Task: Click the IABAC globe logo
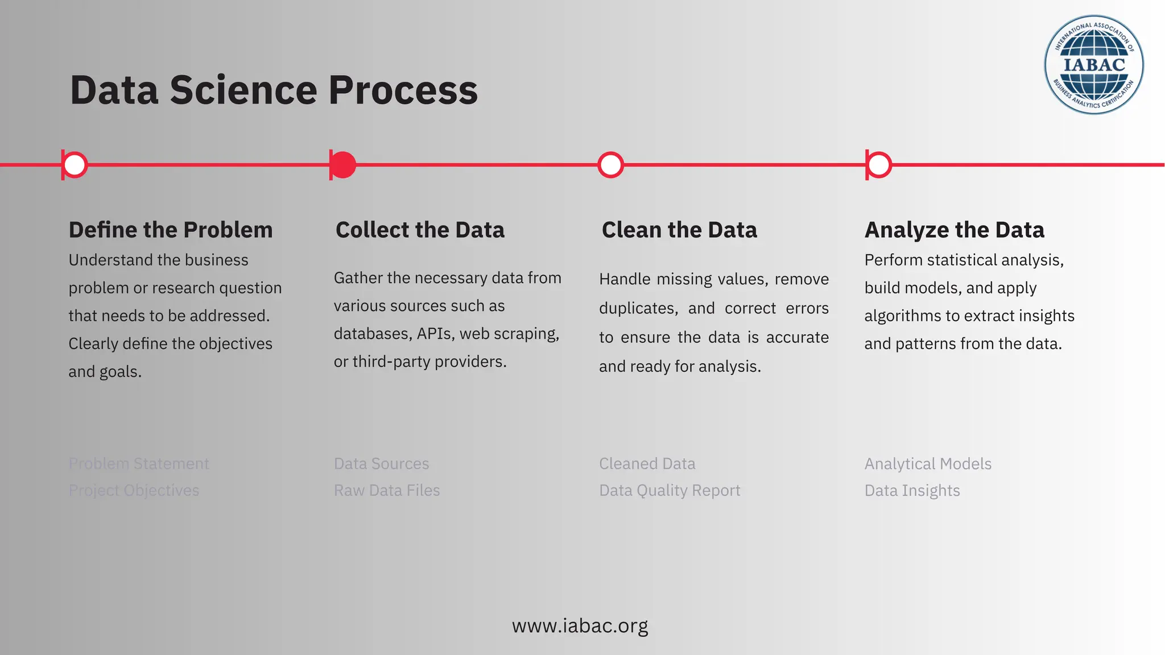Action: [1093, 65]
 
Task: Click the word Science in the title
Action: [243, 90]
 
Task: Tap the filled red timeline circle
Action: [343, 165]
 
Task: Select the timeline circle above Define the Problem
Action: [75, 165]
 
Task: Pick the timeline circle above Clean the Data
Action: [611, 165]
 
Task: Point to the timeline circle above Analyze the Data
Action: [879, 165]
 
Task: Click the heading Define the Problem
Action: [171, 230]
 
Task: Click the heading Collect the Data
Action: [420, 230]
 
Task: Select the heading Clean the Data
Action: [679, 230]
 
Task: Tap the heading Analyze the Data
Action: [954, 230]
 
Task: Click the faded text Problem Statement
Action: [139, 464]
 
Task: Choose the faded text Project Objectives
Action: [134, 491]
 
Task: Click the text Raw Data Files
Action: [387, 491]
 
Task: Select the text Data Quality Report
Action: [670, 491]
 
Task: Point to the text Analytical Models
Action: [928, 464]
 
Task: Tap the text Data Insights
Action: [912, 491]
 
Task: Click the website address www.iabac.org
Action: [580, 626]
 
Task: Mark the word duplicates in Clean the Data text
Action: [638, 309]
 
